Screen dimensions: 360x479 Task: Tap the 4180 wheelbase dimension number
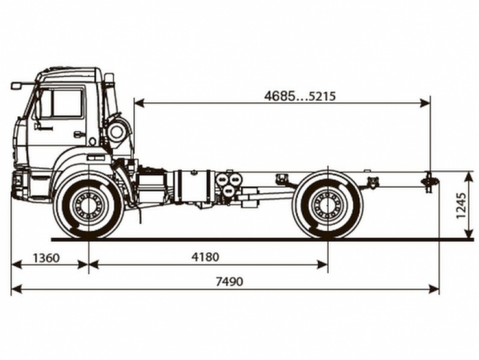tap(205, 257)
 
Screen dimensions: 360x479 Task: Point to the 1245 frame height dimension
tap(462, 205)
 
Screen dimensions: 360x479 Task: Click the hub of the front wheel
tap(89, 205)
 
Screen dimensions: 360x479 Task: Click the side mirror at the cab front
tap(16, 86)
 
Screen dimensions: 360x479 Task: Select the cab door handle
tap(78, 134)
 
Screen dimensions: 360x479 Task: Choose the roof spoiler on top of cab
tap(67, 74)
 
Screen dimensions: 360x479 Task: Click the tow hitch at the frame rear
tap(429, 180)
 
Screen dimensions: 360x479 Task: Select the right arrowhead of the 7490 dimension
tap(435, 289)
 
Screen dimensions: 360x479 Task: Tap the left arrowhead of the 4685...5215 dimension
tap(138, 103)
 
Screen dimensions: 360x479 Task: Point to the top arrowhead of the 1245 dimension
tap(468, 174)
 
